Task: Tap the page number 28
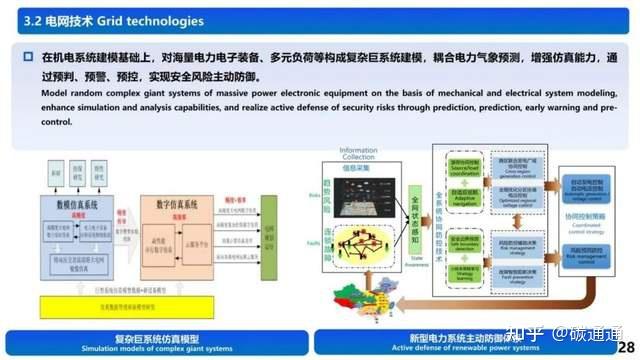tap(626, 318)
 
